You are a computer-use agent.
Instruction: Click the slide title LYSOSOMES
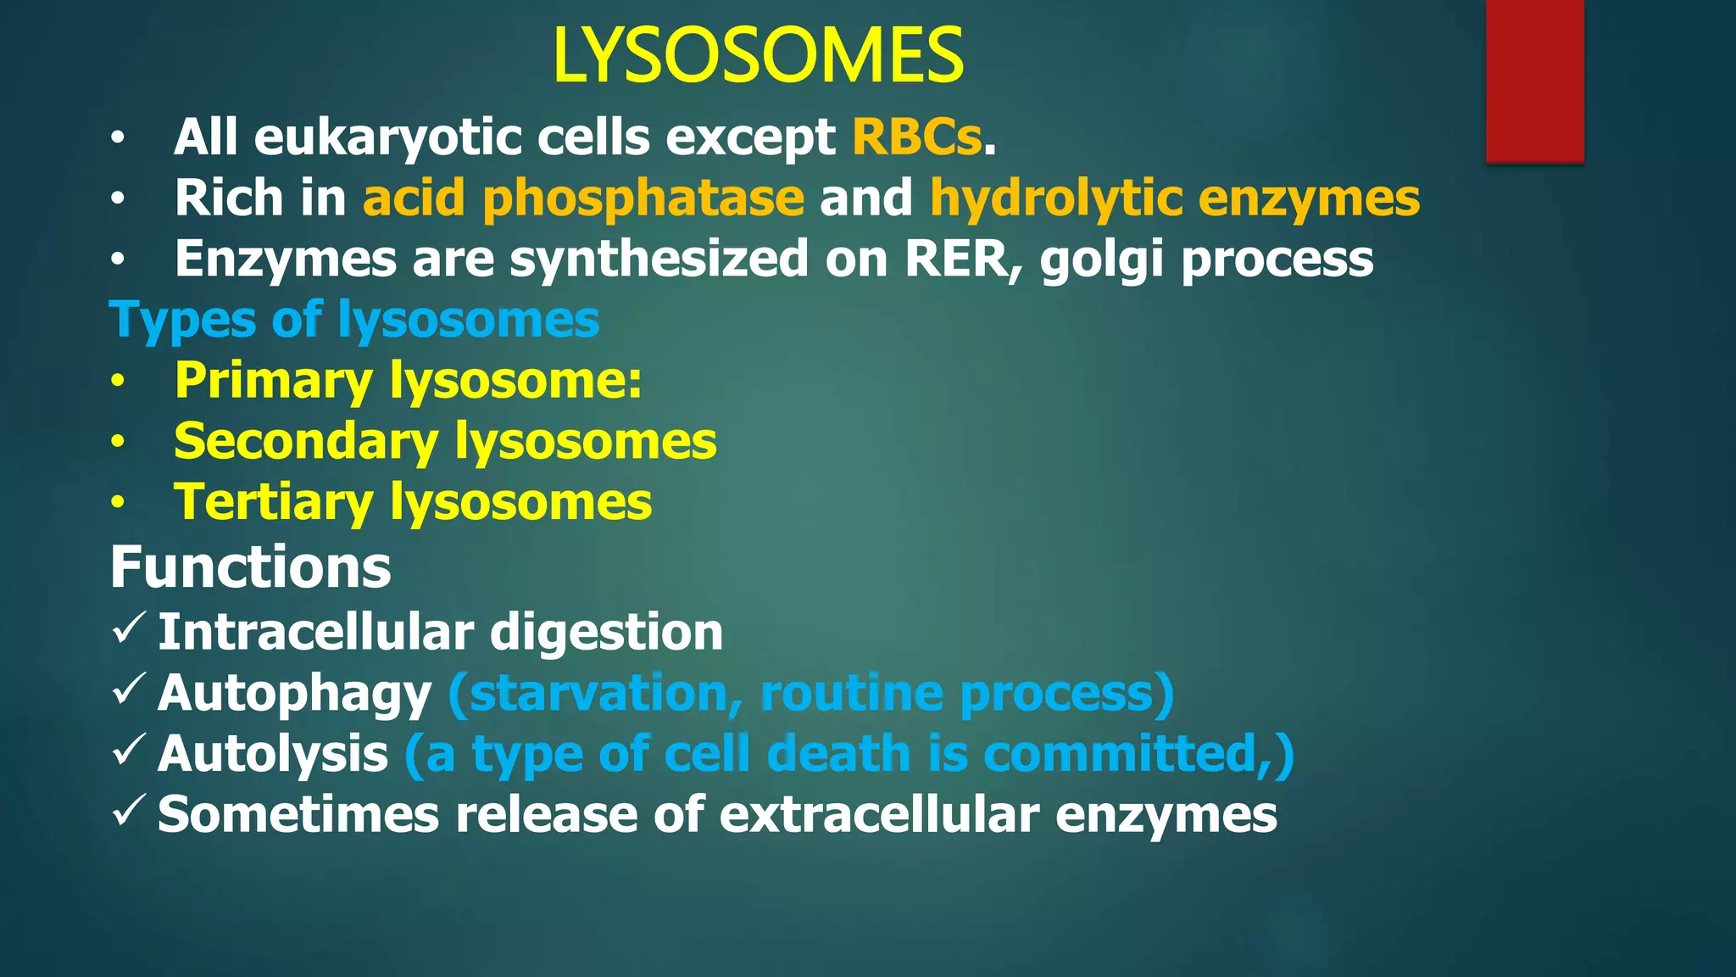[757, 56]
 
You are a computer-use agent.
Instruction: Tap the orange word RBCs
[916, 137]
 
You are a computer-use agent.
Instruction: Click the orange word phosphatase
[643, 198]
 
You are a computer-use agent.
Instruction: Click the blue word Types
[182, 321]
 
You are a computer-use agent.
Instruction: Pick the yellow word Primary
[273, 381]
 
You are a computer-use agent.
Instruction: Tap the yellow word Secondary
[306, 442]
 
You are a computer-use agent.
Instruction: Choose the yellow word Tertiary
[273, 503]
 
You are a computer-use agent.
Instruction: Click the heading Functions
[250, 567]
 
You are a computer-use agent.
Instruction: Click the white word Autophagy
[294, 695]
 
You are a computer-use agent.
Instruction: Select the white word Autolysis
[273, 754]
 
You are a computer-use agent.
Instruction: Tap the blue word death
[838, 753]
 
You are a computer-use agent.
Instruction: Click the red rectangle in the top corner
[1534, 81]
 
